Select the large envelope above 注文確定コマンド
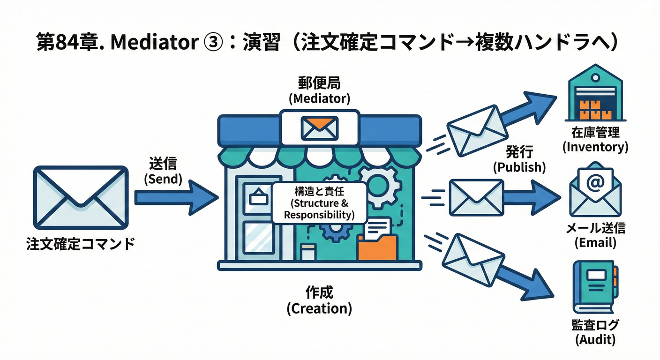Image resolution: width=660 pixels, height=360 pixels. point(81,197)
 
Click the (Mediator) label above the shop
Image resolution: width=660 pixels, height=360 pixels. point(319,99)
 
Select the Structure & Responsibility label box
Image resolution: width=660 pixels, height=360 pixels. point(319,202)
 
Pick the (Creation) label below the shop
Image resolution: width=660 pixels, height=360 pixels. point(319,308)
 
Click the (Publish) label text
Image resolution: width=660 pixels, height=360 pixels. point(519,167)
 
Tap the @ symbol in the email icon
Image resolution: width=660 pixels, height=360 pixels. point(594,182)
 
